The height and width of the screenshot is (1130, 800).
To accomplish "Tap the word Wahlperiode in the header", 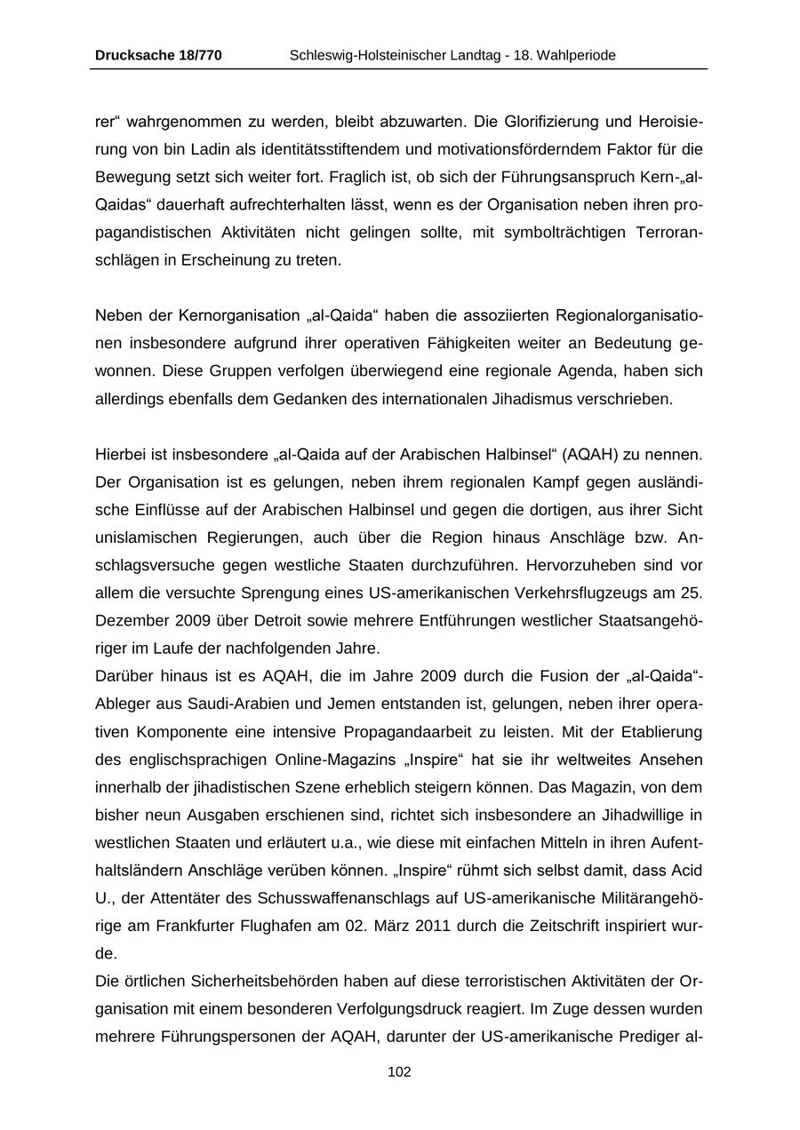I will (573, 55).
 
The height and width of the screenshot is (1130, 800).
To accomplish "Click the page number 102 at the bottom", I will (399, 1072).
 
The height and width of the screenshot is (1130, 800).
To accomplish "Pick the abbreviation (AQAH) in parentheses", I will (586, 456).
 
